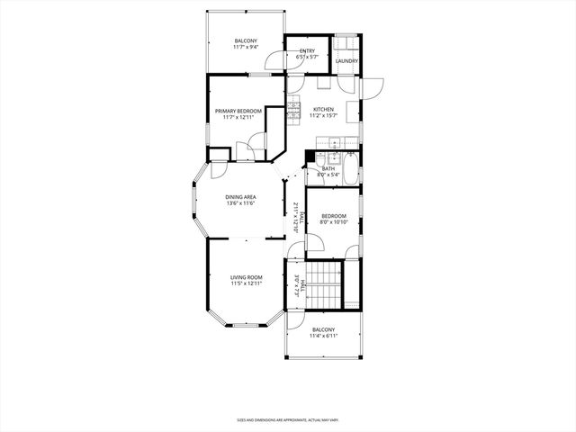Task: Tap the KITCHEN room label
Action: (323, 109)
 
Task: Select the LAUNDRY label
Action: (347, 61)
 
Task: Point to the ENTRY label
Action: (307, 50)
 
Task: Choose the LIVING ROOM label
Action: (246, 277)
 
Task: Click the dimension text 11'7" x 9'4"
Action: (246, 48)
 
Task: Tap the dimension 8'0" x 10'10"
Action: (334, 222)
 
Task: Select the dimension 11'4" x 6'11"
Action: (323, 337)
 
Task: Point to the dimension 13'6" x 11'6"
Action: (240, 203)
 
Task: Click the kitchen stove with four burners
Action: (293, 112)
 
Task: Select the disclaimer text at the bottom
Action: (287, 419)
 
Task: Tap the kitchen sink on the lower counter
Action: (334, 143)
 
